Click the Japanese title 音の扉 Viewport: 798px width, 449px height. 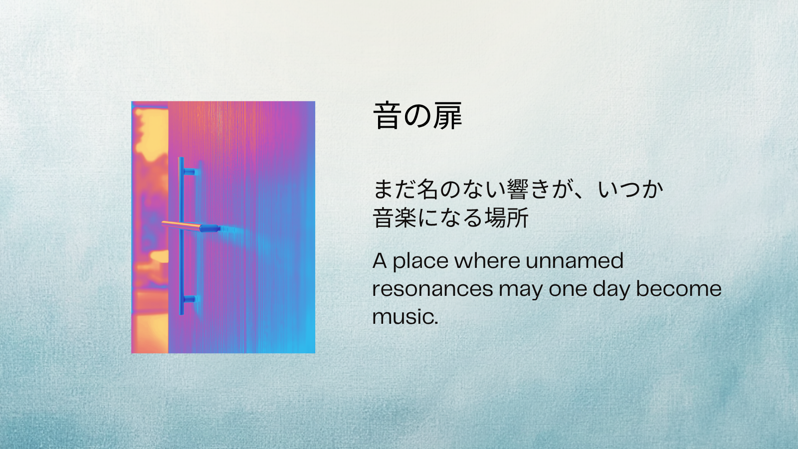click(x=417, y=116)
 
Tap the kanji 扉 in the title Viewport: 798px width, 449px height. click(x=447, y=116)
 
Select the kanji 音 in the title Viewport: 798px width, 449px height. click(x=388, y=116)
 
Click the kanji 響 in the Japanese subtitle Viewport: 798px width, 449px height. click(x=517, y=190)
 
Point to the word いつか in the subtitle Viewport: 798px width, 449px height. click(x=630, y=190)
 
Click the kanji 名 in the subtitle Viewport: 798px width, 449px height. click(x=427, y=190)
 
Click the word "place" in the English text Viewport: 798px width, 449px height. click(x=420, y=261)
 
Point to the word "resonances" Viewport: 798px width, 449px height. click(x=432, y=289)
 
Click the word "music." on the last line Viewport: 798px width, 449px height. click(x=405, y=317)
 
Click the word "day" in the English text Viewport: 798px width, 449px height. click(x=611, y=289)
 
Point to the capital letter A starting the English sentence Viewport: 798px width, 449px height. click(x=380, y=260)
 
